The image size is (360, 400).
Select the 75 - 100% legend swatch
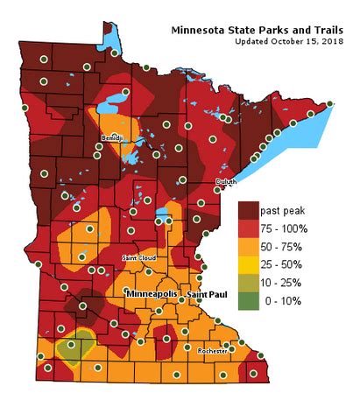click(250, 230)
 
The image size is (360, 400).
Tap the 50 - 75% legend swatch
click(250, 248)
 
